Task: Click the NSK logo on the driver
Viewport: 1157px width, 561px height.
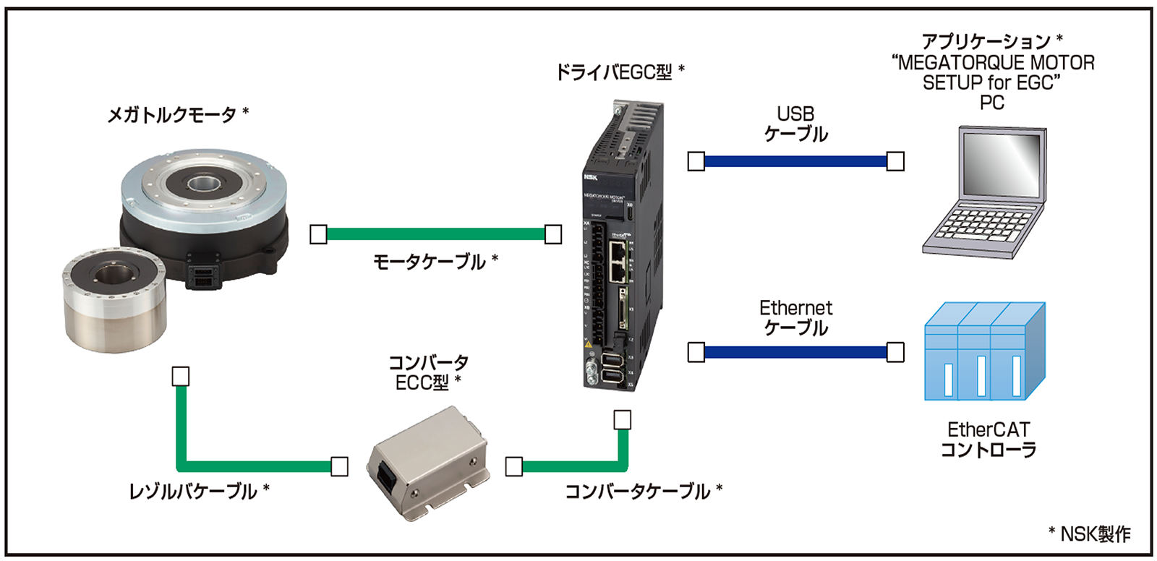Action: [x=590, y=176]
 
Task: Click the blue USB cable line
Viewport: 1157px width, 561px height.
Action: [x=795, y=161]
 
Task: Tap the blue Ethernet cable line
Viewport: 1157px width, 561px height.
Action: [x=795, y=352]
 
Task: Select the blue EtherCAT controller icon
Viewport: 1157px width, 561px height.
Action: [x=985, y=352]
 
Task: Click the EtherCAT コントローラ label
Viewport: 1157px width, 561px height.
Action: [x=988, y=440]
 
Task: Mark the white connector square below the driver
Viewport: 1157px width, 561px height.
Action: [x=622, y=420]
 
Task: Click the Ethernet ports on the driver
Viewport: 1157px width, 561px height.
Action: [x=618, y=261]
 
